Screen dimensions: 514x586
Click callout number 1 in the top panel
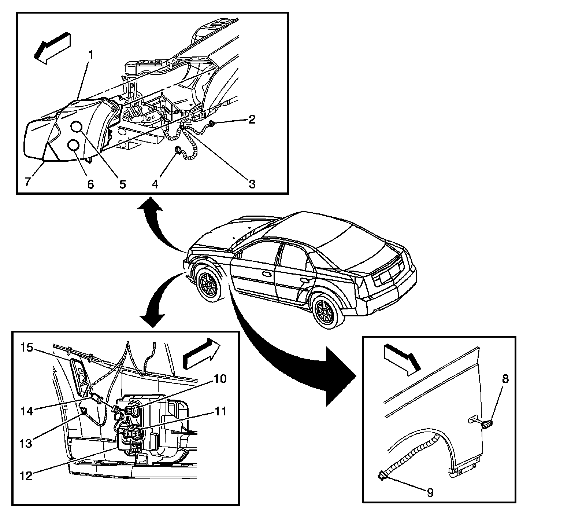pyautogui.click(x=90, y=56)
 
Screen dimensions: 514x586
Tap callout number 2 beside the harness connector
pyautogui.click(x=252, y=119)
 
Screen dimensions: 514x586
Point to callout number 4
pyautogui.click(x=155, y=184)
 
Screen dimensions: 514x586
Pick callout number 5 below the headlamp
pyautogui.click(x=122, y=184)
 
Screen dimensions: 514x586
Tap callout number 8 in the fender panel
pyautogui.click(x=505, y=379)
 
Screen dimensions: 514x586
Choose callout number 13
pyautogui.click(x=26, y=443)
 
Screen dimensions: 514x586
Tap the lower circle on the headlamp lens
pyautogui.click(x=74, y=146)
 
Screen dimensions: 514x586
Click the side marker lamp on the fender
pyautogui.click(x=486, y=425)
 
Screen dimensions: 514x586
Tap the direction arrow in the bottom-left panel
pyautogui.click(x=201, y=352)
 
